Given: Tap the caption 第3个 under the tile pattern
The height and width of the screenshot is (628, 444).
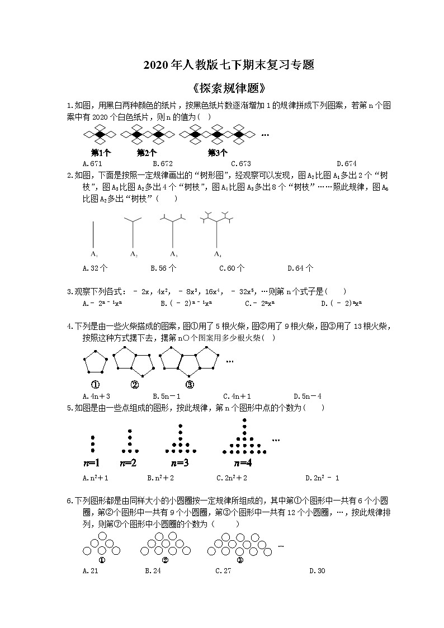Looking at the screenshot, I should point(218,152).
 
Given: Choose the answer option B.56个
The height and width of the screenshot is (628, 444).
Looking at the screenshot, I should point(163,268).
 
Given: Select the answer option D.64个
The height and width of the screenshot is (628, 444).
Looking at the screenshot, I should point(300,268).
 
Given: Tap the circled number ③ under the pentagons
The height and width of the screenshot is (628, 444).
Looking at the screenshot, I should point(190,384).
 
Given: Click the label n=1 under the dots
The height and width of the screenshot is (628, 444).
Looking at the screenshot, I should point(91,462).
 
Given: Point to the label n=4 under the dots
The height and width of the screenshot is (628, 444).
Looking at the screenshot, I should point(243,462).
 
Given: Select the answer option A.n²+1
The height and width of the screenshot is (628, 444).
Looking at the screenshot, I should point(95,478).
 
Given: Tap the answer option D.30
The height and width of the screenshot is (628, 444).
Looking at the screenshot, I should point(317,571).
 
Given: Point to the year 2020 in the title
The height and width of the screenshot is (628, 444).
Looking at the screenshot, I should point(154,65).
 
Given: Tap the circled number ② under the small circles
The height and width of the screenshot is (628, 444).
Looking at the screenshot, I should point(165,560).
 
